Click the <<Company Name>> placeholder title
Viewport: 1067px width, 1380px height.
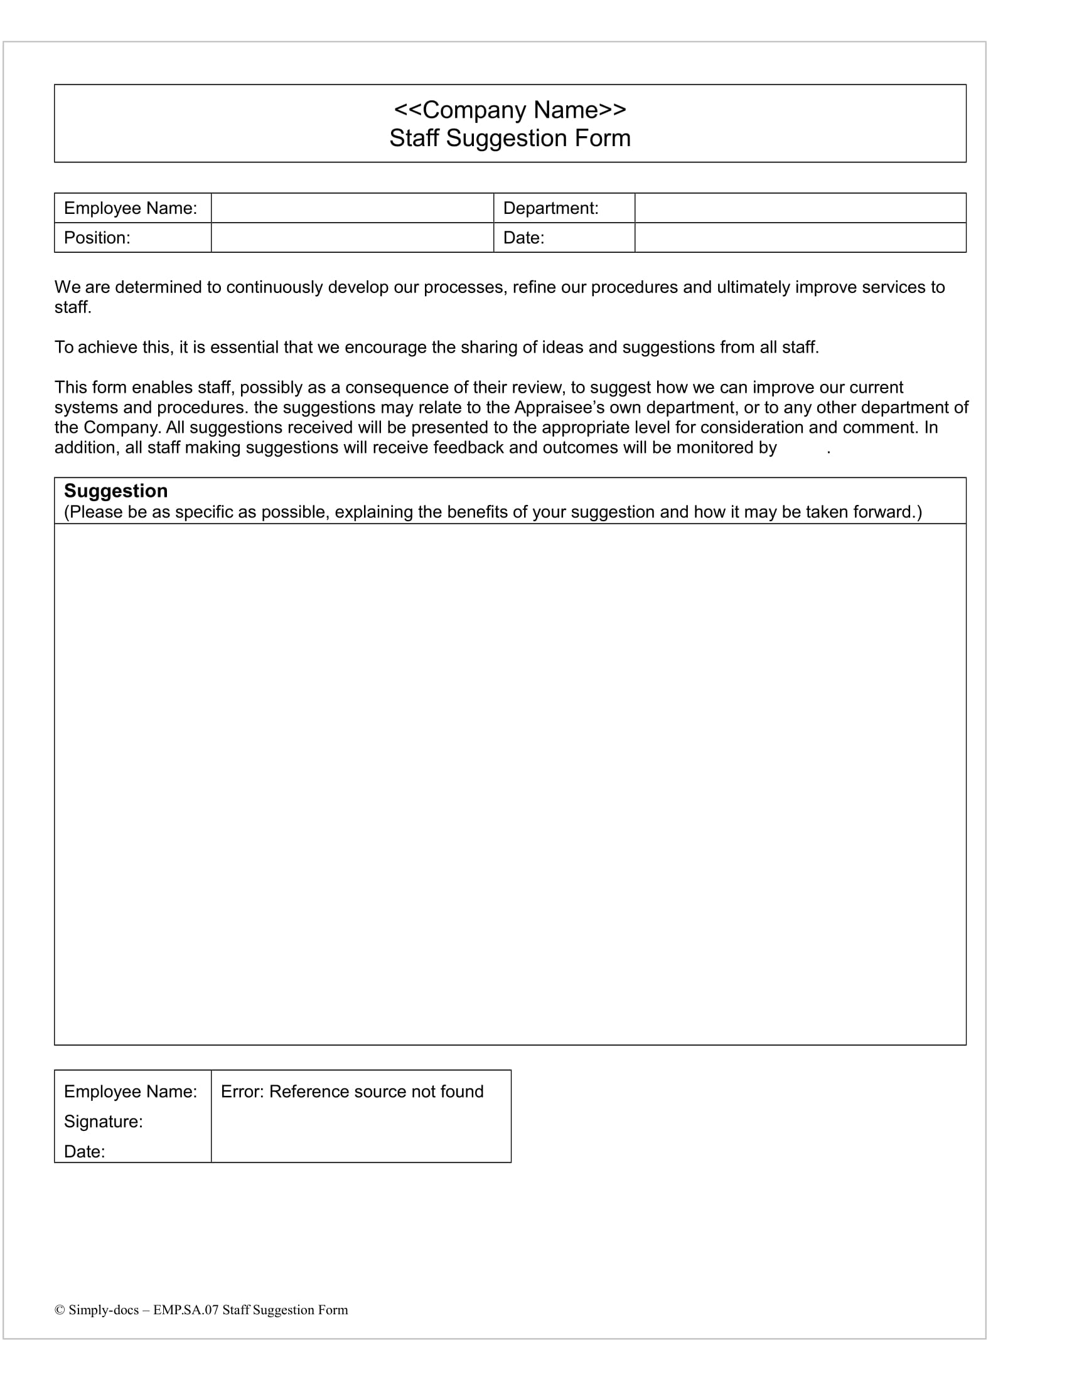(510, 110)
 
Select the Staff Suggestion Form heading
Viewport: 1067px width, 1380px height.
(510, 139)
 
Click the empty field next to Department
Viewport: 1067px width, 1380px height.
(800, 208)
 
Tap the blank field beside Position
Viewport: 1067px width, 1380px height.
(351, 238)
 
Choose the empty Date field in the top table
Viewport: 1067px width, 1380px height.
(800, 238)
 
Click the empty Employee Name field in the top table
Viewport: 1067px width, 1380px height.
(351, 208)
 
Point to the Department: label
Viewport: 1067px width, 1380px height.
(550, 208)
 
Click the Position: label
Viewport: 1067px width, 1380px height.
(97, 238)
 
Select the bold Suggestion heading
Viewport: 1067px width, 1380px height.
(115, 491)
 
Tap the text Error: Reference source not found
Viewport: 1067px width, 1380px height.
(352, 1091)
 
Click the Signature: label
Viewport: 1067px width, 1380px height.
(103, 1122)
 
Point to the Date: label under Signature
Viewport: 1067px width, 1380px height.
(84, 1151)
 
